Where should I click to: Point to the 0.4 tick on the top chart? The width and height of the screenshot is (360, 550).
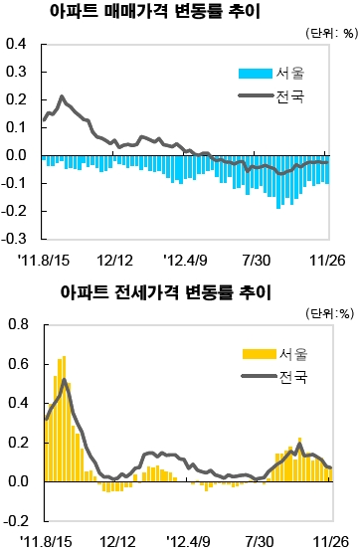(16, 44)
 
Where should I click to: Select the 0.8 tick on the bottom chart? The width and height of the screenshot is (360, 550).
(16, 324)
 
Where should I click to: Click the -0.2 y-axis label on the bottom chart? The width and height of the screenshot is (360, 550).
(15, 520)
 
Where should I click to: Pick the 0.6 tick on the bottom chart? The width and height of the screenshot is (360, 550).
(16, 363)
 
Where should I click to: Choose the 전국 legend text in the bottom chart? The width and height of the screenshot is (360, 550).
(295, 377)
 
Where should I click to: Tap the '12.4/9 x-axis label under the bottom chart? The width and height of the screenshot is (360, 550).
(188, 541)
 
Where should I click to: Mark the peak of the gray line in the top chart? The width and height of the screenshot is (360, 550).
(62, 97)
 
